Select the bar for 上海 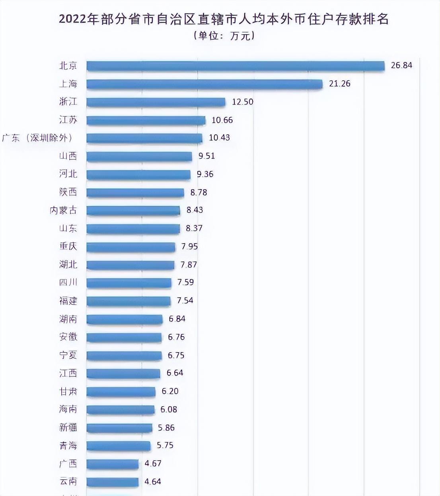[204, 84]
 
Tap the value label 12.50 [242, 102]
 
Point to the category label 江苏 [68, 120]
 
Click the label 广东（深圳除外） [38, 138]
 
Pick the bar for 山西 [139, 156]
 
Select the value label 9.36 [205, 174]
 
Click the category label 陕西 [68, 192]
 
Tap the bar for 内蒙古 [133, 210]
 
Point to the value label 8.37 [194, 228]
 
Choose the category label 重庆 [68, 246]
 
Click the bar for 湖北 [130, 265]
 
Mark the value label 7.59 [185, 282]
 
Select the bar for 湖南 [125, 319]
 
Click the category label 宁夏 [68, 355]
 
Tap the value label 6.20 [170, 391]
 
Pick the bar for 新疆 [119, 428]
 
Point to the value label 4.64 [153, 482]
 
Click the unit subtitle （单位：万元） [224, 36]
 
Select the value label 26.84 [401, 65]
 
